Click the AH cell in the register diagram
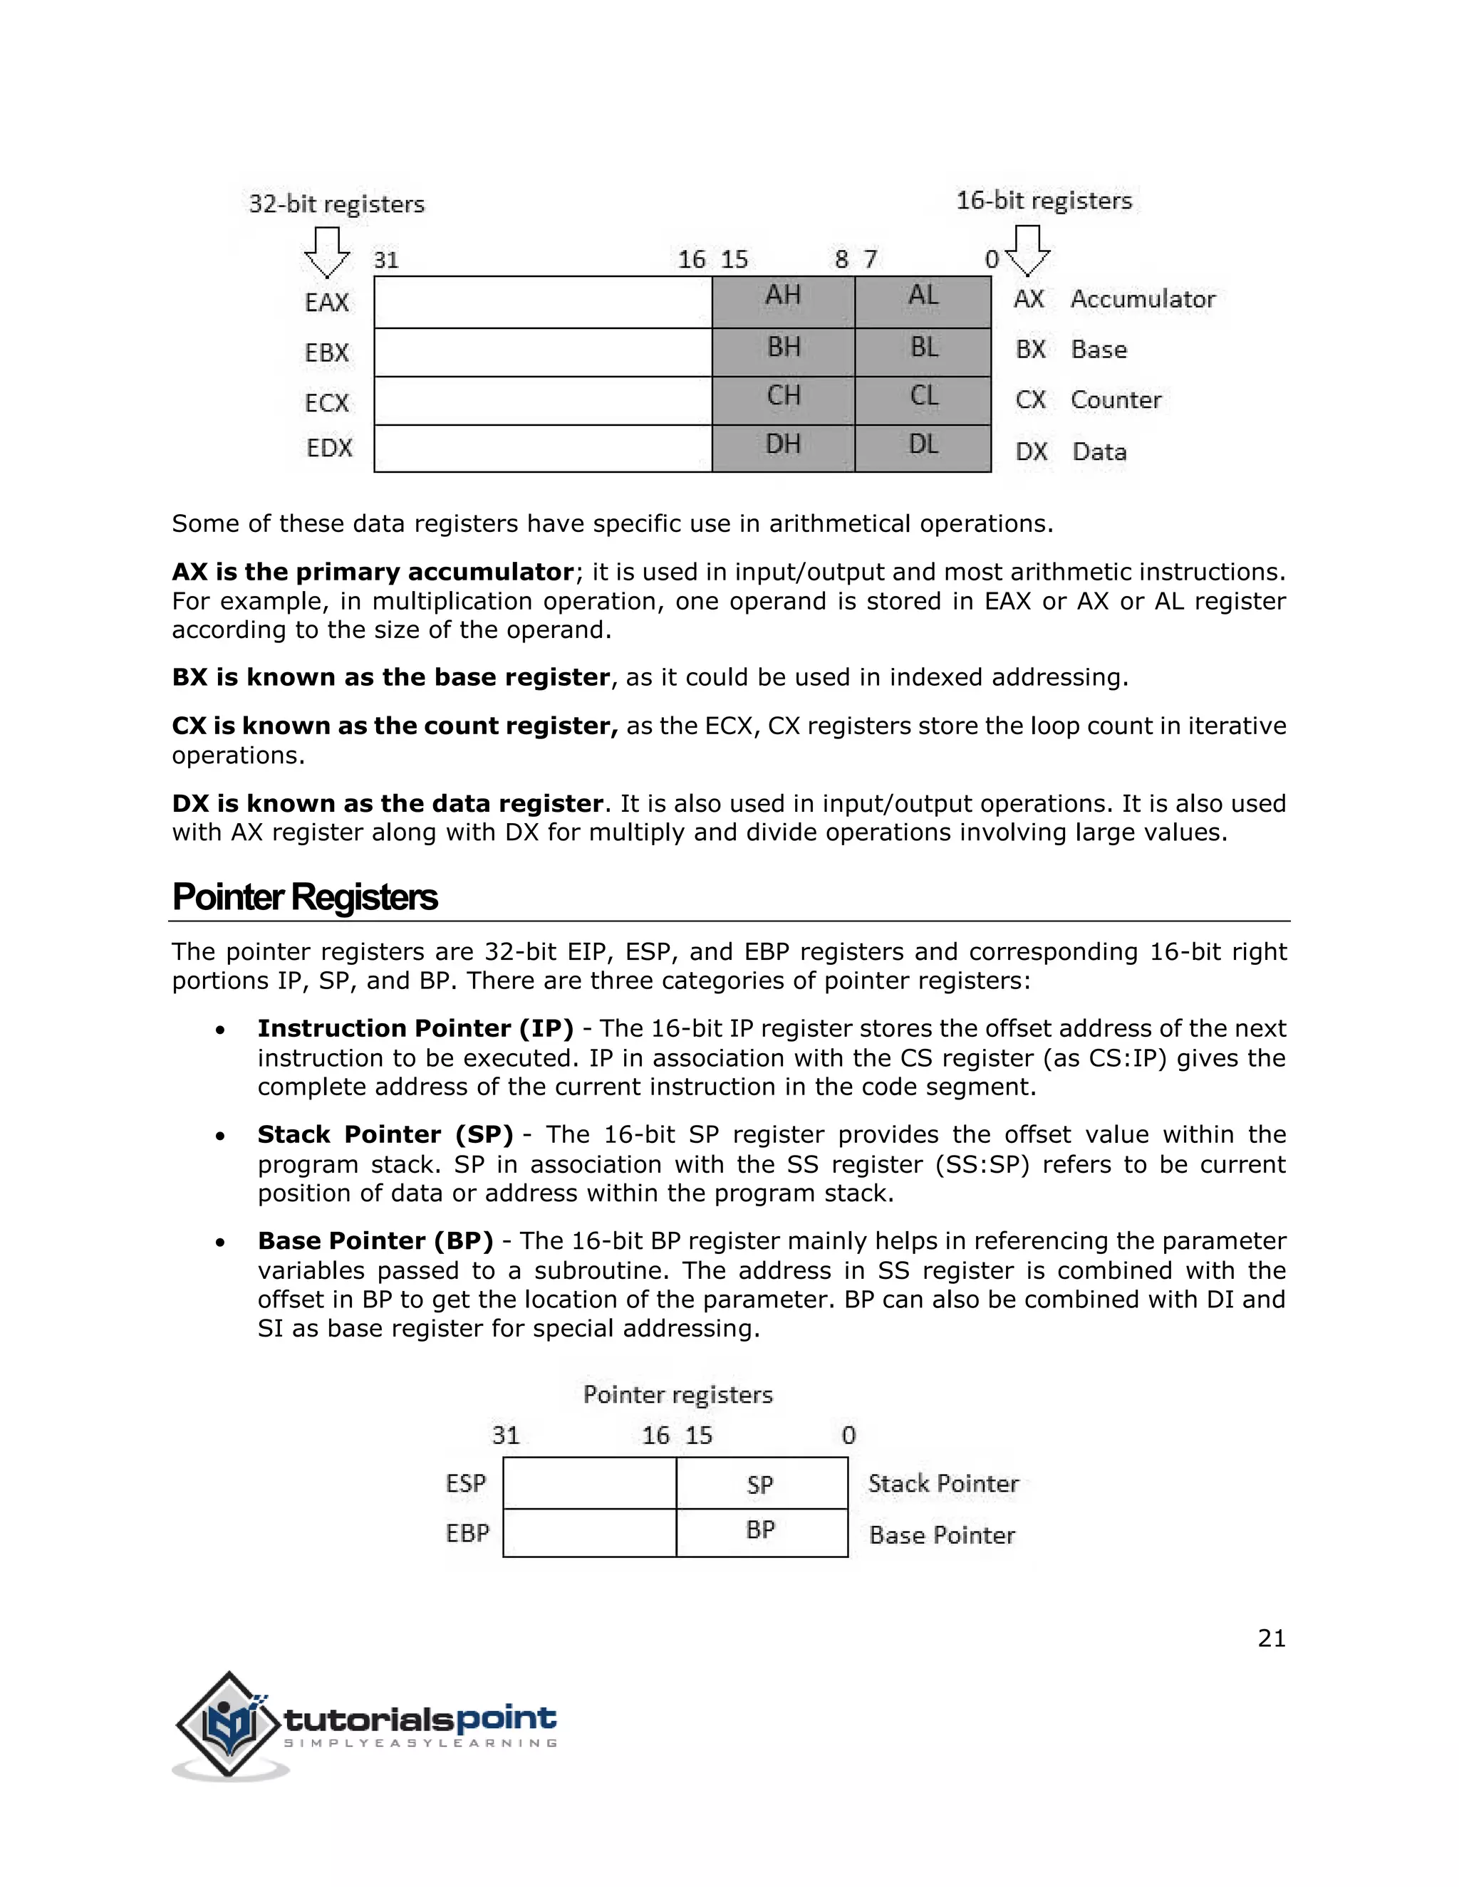[x=783, y=300]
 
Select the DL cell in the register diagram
[x=923, y=448]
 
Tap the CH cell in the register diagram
[x=783, y=399]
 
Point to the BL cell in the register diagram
[x=923, y=351]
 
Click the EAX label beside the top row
[x=327, y=303]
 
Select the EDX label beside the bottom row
[x=329, y=448]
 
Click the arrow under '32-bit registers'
[x=327, y=251]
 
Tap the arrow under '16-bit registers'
[x=1028, y=251]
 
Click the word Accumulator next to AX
[x=1142, y=299]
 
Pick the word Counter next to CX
[x=1115, y=400]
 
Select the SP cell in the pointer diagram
[x=761, y=1485]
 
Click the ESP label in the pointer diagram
[x=466, y=1483]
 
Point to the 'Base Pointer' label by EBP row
[x=941, y=1535]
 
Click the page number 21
[x=1272, y=1638]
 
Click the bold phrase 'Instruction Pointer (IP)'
[x=415, y=1028]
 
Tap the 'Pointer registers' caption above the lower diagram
[x=677, y=1394]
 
